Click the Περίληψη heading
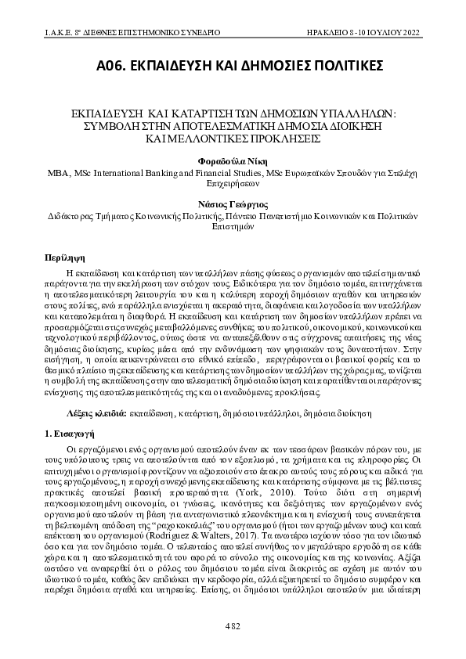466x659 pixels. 63,257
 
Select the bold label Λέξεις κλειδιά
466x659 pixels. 90,410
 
